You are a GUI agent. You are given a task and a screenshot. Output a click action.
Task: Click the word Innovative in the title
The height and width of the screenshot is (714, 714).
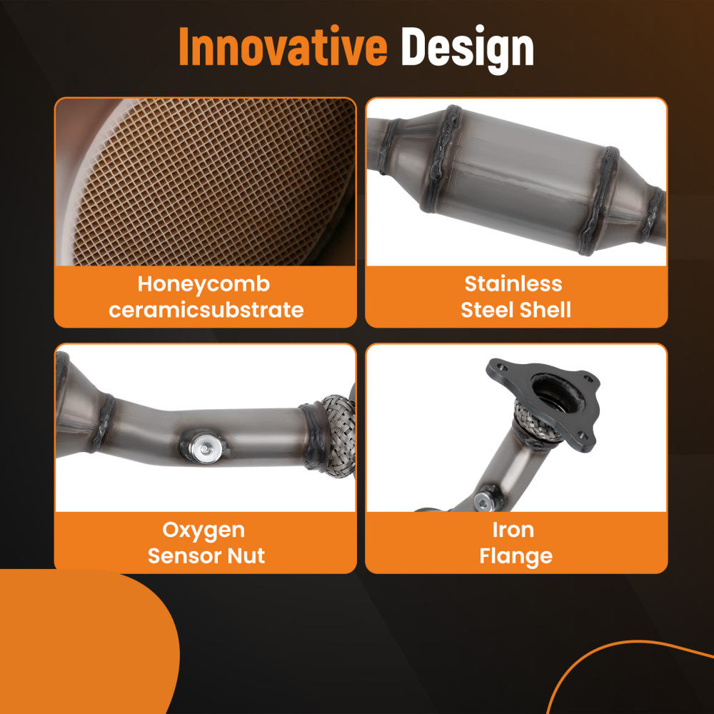(283, 46)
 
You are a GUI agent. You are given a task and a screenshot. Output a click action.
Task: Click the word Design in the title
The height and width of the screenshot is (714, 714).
(467, 49)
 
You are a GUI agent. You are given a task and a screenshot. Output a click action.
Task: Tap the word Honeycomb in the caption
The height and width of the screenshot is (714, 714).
(204, 285)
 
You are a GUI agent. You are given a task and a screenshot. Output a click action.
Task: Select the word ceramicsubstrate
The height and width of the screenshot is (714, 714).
(206, 310)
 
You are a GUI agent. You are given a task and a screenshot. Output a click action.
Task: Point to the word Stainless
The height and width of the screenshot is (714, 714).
(513, 283)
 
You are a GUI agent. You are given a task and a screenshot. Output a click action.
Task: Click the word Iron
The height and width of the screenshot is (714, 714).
(513, 530)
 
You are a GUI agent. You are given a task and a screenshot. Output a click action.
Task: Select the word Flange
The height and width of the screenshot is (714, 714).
(516, 557)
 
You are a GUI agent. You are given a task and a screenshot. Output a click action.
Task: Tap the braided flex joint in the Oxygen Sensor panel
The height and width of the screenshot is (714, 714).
(338, 435)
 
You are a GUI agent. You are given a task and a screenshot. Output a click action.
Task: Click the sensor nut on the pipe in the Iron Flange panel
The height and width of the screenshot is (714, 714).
(483, 501)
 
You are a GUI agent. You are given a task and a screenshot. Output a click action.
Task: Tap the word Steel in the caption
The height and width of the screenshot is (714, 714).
(487, 310)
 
